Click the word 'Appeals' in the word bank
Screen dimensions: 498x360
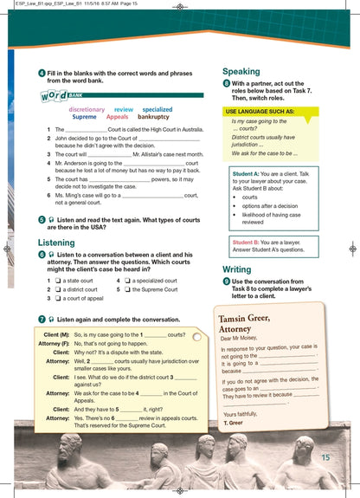pyautogui.click(x=111, y=117)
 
